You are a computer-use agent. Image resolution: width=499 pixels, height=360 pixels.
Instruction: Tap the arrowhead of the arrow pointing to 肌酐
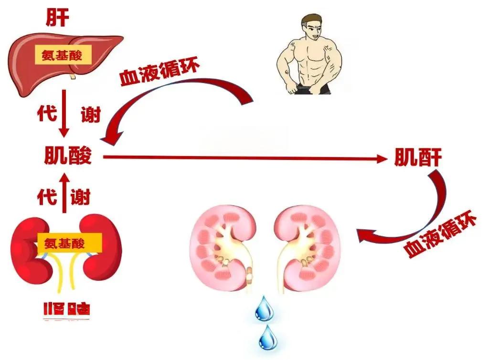pos(384,159)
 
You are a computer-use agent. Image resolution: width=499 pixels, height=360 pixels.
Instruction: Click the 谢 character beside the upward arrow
pos(81,196)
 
